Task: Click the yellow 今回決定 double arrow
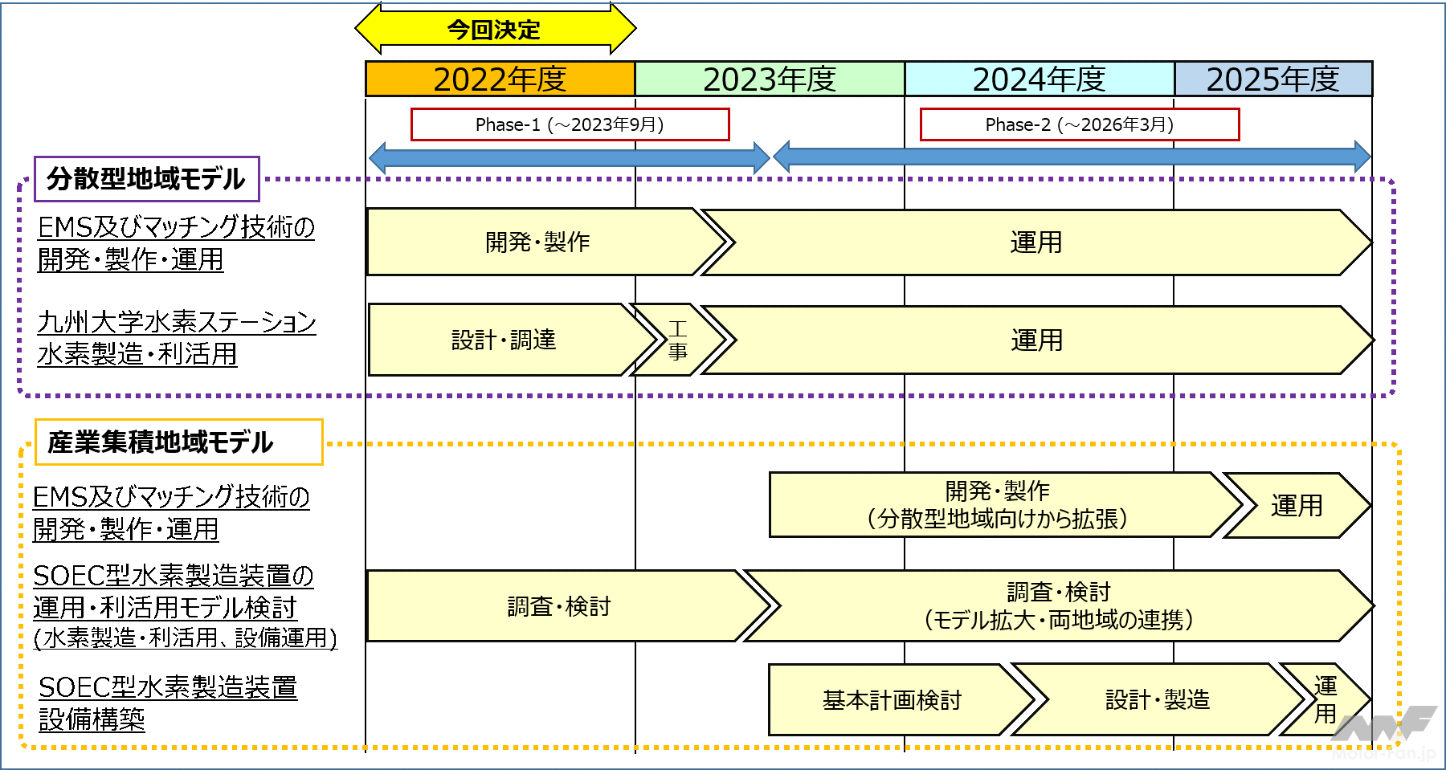pos(495,30)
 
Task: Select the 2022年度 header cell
pos(500,79)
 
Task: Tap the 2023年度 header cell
pos(770,79)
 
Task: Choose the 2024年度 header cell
pos(1039,79)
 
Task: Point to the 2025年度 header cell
pos(1272,79)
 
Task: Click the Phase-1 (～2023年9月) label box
pos(570,124)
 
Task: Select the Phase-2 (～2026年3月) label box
pos(1079,124)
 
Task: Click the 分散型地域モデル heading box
pos(146,178)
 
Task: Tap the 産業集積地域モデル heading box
pos(178,442)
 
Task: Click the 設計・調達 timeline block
pos(504,340)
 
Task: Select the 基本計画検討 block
pos(892,700)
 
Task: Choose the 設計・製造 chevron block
pos(1157,700)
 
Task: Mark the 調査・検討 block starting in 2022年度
pos(559,606)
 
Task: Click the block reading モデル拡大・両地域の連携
pos(1058,606)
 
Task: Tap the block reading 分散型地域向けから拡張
pos(998,505)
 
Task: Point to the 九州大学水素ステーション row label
pos(177,338)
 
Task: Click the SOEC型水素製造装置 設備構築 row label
pos(168,703)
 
